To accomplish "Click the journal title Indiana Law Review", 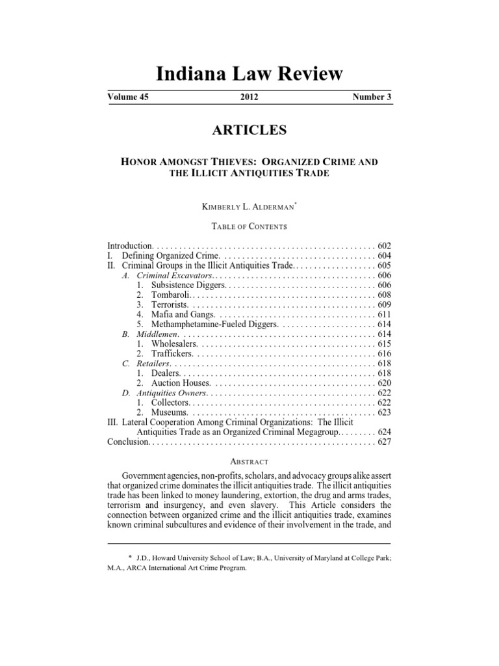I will [x=249, y=73].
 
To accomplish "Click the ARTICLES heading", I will [x=249, y=131].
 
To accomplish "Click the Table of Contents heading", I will [x=249, y=226].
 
